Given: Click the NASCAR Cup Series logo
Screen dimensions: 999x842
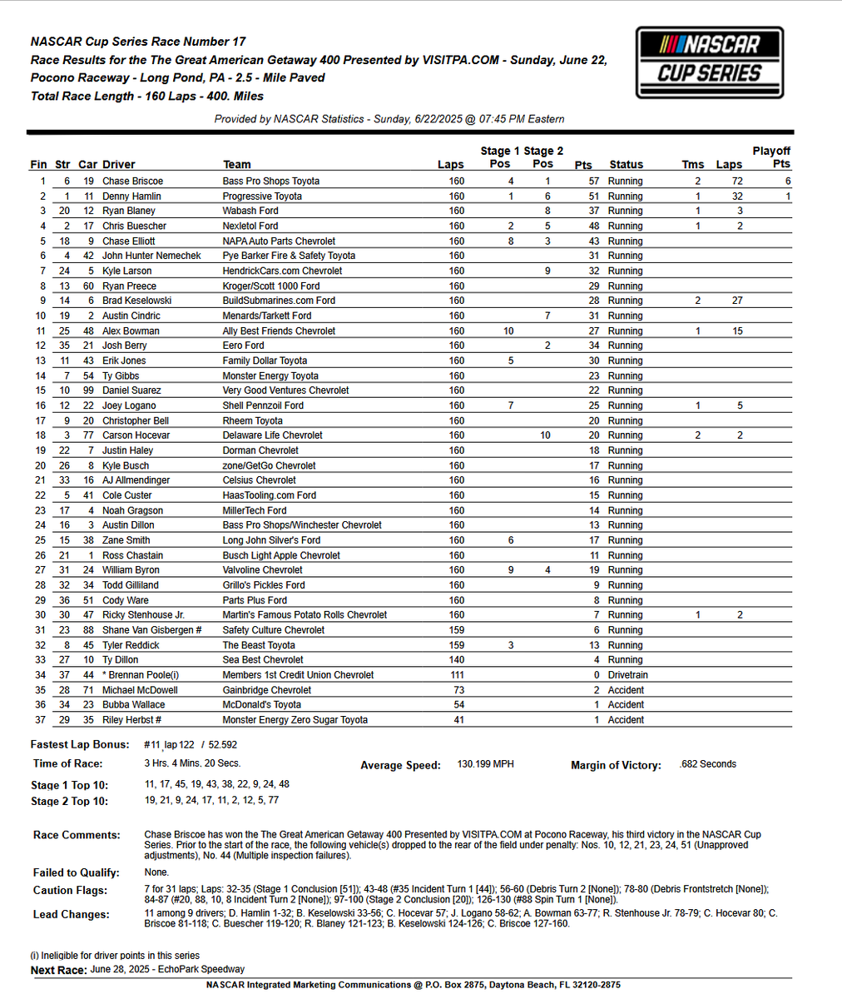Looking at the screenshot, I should coord(710,63).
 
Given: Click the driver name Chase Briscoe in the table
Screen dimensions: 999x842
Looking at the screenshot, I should coord(132,181).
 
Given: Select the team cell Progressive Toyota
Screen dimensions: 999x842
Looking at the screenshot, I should coord(262,196).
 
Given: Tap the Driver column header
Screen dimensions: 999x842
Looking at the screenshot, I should coord(118,165).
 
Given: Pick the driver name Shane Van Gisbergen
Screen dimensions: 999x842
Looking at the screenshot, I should coord(153,630).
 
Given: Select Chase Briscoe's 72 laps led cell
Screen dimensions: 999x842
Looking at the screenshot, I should coord(736,181).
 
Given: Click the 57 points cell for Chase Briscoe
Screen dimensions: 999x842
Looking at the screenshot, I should coord(593,181).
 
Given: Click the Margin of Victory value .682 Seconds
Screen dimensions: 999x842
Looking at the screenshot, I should coord(707,763).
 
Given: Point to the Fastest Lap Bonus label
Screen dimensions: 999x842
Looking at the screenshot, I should coord(80,744).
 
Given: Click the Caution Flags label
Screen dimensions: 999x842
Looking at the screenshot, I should coord(71,891).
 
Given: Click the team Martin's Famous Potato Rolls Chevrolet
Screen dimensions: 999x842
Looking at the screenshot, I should coord(305,615).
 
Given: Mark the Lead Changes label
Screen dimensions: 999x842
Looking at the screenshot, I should coord(71,914).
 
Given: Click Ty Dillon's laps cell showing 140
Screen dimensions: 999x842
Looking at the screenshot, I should coord(457,660).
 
